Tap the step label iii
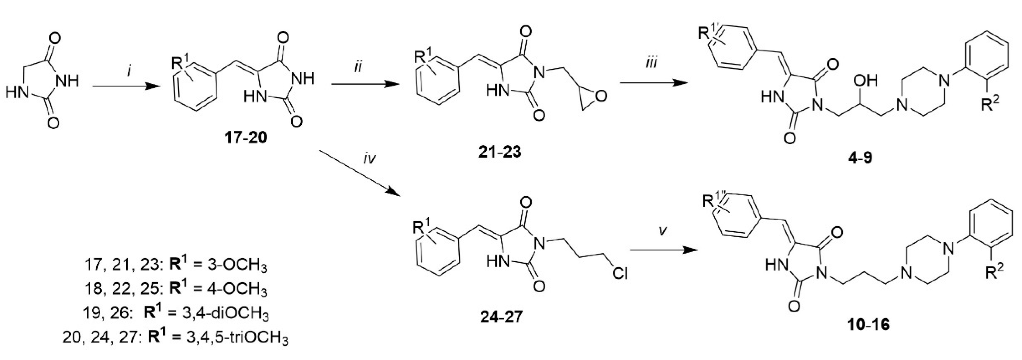coord(651,63)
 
